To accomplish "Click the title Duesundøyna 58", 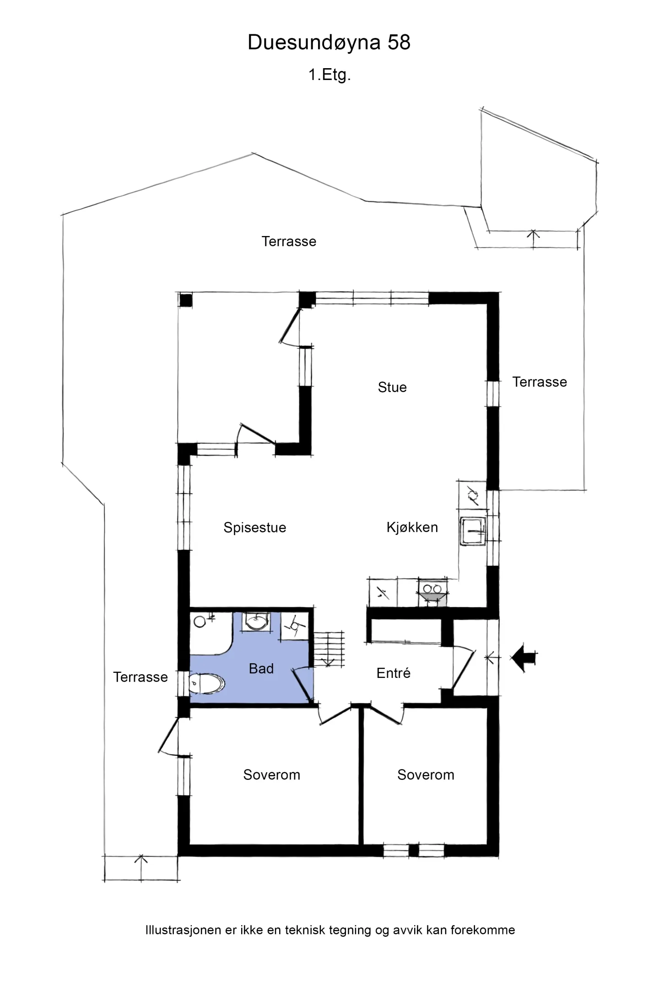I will (329, 43).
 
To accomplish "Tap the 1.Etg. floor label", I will (329, 75).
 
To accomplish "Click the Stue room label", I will (392, 387).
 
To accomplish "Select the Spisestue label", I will (254, 527).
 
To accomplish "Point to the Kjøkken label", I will (412, 527).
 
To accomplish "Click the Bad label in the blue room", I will (261, 668).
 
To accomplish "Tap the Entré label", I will (393, 673).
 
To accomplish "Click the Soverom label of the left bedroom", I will (271, 774).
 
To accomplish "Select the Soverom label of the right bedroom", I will (426, 774).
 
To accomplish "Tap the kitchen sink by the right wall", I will (473, 531).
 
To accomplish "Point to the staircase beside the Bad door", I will (329, 648).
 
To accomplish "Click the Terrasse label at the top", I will (288, 242).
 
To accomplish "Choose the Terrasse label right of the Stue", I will (539, 382).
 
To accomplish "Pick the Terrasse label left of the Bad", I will (140, 677).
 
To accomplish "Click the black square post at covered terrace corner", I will (185, 300).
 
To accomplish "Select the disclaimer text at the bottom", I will (329, 930).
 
